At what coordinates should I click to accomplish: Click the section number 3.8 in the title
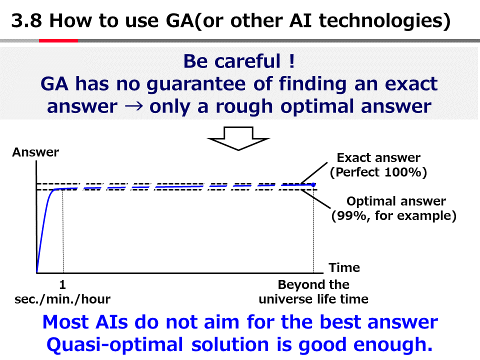[x=26, y=21]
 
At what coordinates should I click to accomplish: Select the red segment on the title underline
[x=58, y=40]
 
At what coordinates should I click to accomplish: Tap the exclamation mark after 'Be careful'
[x=291, y=61]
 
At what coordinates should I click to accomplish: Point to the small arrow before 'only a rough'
[x=134, y=106]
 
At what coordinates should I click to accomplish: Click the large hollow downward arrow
[x=238, y=138]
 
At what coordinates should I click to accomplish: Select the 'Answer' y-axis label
[x=35, y=152]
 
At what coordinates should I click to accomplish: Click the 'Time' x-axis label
[x=344, y=267]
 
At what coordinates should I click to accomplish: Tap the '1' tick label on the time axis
[x=62, y=284]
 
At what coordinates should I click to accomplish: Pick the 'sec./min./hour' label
[x=62, y=299]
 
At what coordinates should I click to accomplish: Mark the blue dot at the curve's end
[x=313, y=185]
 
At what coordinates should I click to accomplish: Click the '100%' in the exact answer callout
[x=403, y=172]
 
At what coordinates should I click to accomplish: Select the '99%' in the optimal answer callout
[x=351, y=215]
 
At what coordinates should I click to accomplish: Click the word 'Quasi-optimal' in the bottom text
[x=115, y=344]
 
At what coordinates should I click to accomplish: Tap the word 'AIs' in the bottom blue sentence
[x=111, y=322]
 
